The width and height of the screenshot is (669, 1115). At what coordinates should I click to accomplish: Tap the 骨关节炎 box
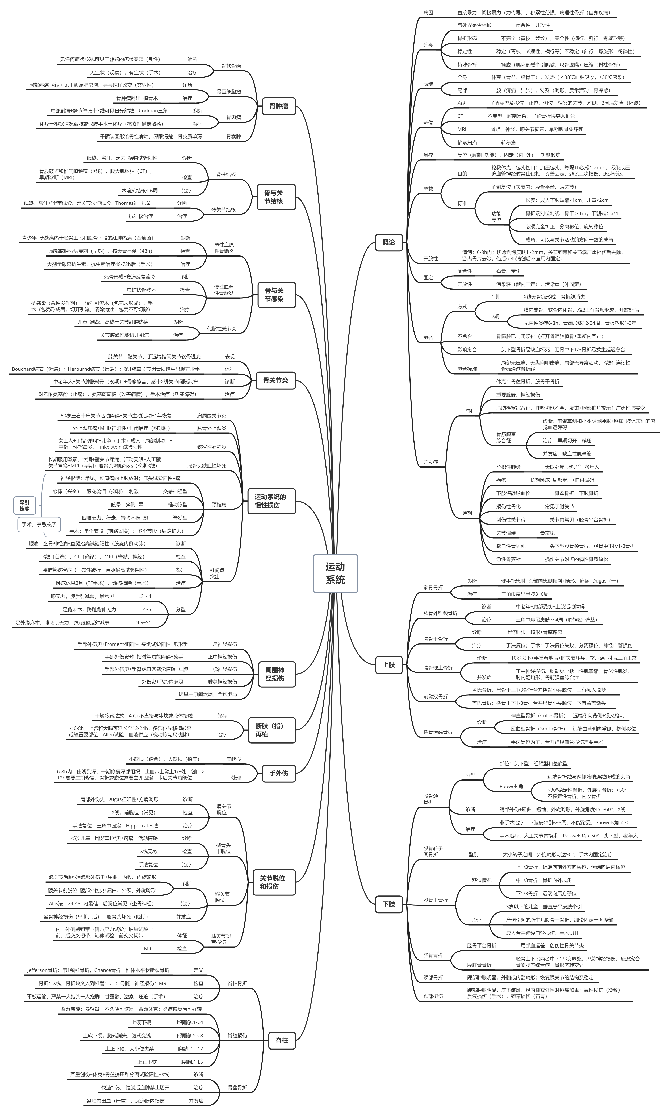[275, 380]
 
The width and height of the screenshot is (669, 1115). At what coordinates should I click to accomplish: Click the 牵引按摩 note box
[24, 505]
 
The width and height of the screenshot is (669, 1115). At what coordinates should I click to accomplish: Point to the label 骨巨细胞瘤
[229, 92]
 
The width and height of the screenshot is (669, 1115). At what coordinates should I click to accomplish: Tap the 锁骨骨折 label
[433, 587]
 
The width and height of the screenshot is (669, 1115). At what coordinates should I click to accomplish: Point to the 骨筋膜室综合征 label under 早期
[506, 437]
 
